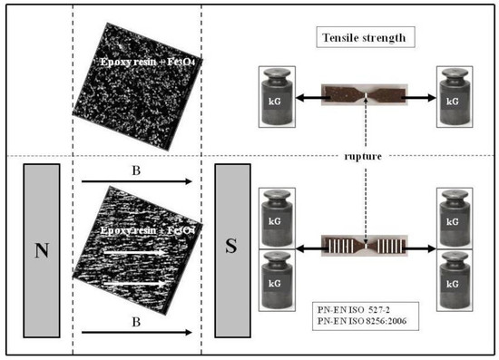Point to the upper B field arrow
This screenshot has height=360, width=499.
136,181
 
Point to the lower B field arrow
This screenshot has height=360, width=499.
136,333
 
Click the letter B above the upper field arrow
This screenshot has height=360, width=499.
136,169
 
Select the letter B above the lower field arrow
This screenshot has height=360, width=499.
136,320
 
